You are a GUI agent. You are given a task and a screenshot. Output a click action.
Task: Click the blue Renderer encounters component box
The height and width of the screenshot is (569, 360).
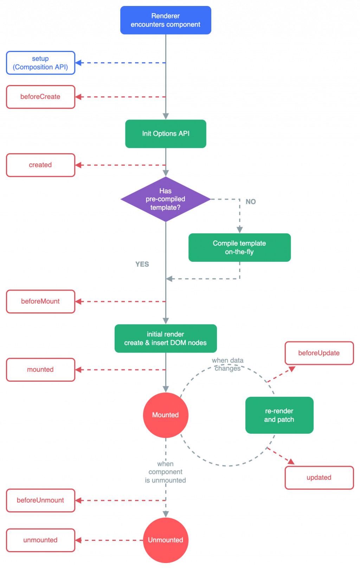(x=166, y=20)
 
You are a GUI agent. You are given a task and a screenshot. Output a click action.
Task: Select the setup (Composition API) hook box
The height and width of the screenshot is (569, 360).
(x=41, y=63)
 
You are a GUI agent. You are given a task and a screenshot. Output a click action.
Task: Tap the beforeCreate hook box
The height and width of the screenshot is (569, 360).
(x=41, y=97)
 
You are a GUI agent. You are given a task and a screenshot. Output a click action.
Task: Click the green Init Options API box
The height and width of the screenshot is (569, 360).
(x=166, y=134)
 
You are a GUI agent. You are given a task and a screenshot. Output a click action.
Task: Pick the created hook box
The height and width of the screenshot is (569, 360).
(x=41, y=165)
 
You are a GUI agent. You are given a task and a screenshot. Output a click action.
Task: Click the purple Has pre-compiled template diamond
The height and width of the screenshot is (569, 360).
(x=166, y=199)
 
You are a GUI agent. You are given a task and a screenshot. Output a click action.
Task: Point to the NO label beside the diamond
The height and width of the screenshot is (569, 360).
(x=251, y=202)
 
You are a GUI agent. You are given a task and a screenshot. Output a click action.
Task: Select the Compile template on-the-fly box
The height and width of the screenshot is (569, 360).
(x=239, y=247)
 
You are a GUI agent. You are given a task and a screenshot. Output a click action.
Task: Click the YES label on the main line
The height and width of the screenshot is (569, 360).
(x=142, y=264)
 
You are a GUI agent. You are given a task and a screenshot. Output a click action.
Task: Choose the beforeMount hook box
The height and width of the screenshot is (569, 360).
(x=41, y=302)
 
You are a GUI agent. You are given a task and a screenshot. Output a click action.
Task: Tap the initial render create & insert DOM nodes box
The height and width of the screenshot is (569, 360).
(x=166, y=338)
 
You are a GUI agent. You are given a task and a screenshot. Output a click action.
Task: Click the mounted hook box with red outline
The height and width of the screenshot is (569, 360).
(x=41, y=370)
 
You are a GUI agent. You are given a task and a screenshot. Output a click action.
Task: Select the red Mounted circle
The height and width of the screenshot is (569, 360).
(x=166, y=415)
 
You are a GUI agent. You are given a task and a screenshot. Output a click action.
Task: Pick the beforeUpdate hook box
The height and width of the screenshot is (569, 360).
(x=319, y=353)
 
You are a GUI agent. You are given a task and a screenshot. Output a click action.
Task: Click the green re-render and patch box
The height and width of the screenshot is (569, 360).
(x=279, y=415)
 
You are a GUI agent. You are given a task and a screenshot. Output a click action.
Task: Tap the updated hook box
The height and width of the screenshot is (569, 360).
(x=319, y=478)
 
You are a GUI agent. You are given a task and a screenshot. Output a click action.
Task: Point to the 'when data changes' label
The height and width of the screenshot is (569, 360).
(x=228, y=364)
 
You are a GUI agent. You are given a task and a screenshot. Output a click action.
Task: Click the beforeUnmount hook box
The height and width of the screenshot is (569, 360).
(x=41, y=500)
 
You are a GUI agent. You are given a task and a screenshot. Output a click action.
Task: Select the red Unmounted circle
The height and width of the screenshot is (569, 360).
(x=166, y=540)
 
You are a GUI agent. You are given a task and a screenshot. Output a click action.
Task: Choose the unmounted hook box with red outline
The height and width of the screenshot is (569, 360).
(x=41, y=540)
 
